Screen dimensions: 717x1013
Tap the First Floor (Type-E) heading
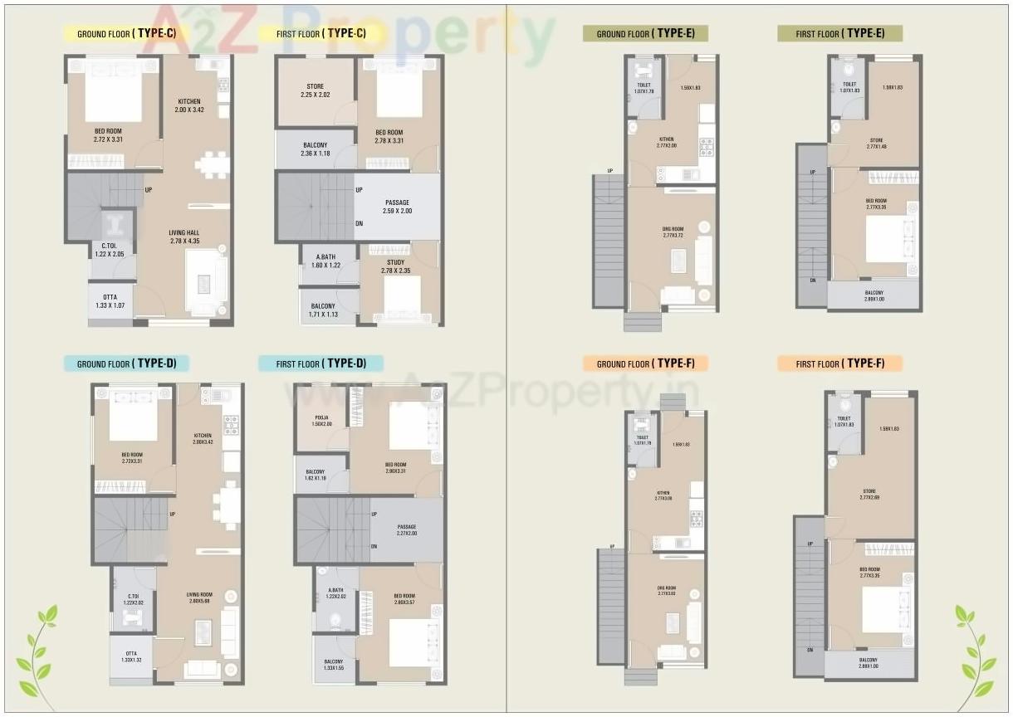839,33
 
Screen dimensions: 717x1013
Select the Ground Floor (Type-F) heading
644,363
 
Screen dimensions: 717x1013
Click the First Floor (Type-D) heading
321,363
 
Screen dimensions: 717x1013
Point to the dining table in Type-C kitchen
211,163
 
